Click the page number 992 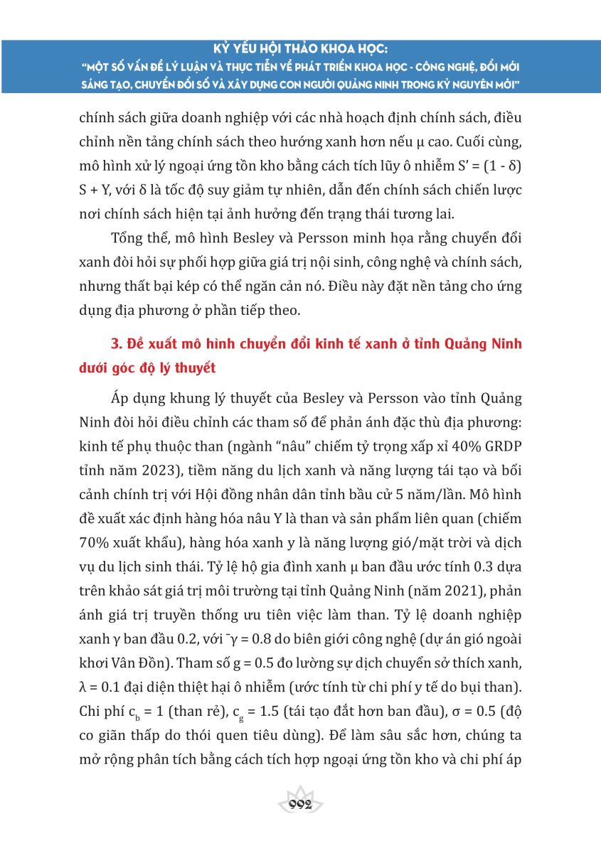click(300, 804)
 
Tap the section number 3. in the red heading click(118, 345)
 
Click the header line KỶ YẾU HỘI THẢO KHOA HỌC click(300, 51)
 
